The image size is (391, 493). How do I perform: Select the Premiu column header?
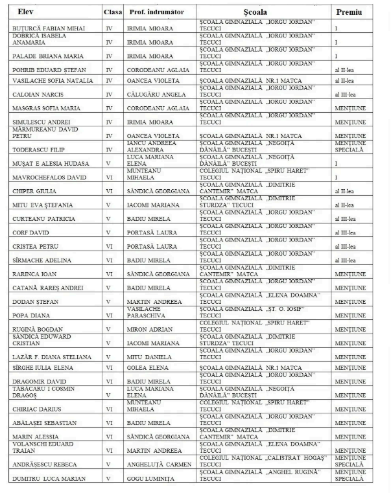click(x=350, y=12)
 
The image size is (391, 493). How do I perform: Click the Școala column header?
click(x=258, y=12)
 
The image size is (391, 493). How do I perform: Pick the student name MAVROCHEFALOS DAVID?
click(x=48, y=177)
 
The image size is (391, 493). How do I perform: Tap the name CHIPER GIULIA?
click(x=32, y=191)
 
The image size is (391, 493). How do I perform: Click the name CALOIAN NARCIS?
click(x=36, y=93)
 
